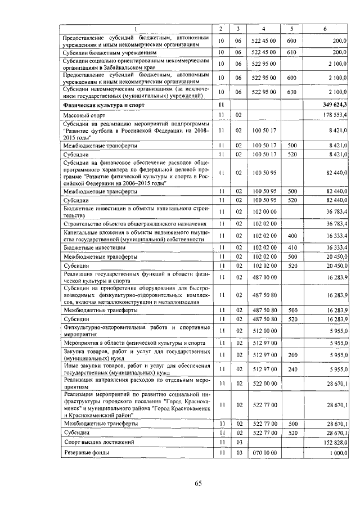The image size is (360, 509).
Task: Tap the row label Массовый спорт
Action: (82, 115)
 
